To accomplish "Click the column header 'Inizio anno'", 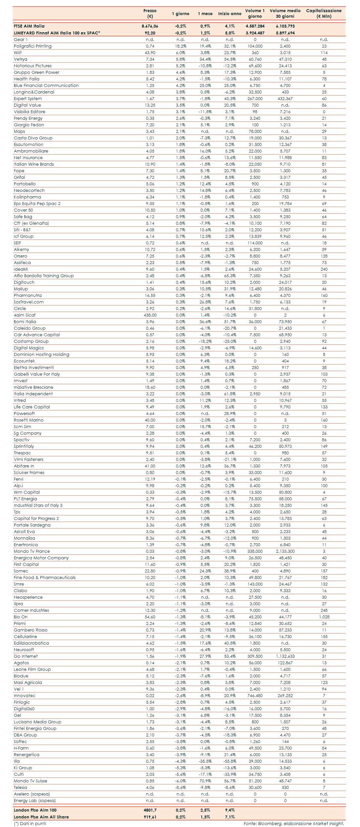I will click(x=230, y=13).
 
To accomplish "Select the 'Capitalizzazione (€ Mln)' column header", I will click(x=324, y=13).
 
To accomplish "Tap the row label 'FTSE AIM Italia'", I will click(x=29, y=26).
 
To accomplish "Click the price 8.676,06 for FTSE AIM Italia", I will click(x=150, y=26).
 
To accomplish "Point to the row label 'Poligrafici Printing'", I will click(x=32, y=46).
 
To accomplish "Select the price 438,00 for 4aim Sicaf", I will click(x=150, y=315).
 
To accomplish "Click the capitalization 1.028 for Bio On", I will click(x=324, y=617).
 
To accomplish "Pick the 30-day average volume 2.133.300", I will click(x=285, y=551).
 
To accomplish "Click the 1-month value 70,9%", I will click(x=205, y=781).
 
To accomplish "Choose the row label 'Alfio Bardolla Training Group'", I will click(x=44, y=276).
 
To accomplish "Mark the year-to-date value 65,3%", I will click(x=230, y=276).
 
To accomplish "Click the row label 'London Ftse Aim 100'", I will click(x=35, y=810).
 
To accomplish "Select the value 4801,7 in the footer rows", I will click(x=150, y=810).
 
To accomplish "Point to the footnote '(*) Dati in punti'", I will click(x=30, y=823).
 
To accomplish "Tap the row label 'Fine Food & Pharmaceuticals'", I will click(x=45, y=577).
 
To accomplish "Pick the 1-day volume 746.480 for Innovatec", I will click(x=255, y=695).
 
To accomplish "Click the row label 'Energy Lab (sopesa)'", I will click(x=35, y=800).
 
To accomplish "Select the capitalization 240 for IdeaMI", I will click(x=324, y=269).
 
